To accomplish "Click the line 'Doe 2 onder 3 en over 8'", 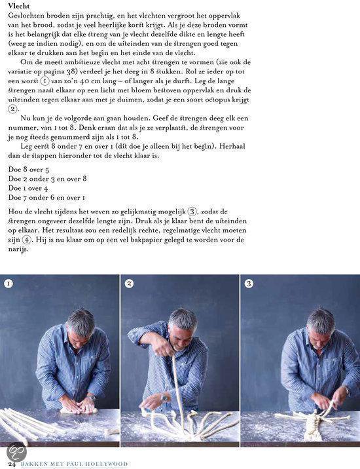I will (47, 178).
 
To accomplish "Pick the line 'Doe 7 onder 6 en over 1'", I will (46, 197).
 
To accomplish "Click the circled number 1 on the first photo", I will (9, 284).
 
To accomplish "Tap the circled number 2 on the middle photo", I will (129, 284).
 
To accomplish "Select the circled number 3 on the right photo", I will (249, 284).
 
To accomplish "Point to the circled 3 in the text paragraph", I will (192, 212).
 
